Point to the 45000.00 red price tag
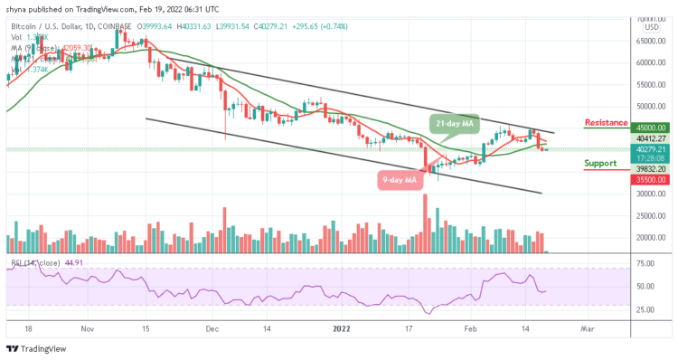[650, 128]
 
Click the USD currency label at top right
[650, 26]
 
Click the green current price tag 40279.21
[650, 149]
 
